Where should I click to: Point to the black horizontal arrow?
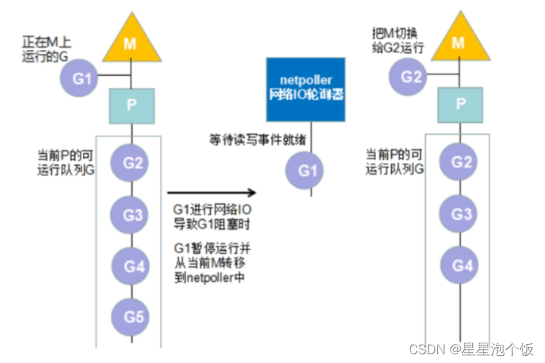212,193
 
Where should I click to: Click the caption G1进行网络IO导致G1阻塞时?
211,218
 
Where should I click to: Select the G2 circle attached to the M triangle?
411,77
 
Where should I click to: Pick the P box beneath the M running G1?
130,103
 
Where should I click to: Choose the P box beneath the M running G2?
458,103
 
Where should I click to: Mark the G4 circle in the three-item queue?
461,265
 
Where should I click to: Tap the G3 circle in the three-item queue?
461,214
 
